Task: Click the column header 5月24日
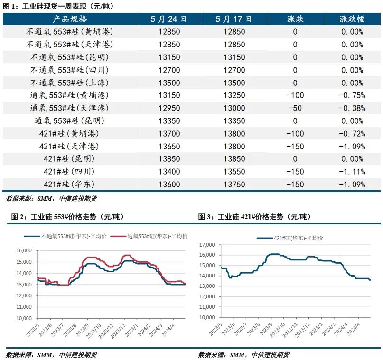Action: tap(168, 19)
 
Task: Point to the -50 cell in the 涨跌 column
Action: tap(295, 108)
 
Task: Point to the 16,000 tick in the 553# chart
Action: tap(23, 251)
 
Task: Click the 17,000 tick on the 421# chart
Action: tap(208, 245)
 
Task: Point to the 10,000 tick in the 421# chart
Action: tap(208, 318)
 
